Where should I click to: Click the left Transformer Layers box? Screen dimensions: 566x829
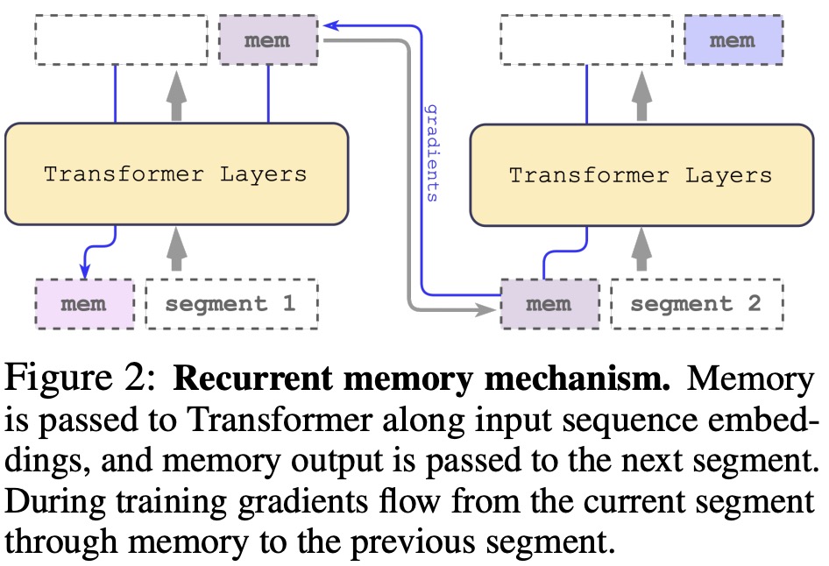(x=176, y=173)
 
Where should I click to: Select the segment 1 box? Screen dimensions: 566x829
(x=230, y=304)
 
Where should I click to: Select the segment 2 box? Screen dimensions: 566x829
(x=696, y=304)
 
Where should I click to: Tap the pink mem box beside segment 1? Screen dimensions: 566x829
(x=85, y=304)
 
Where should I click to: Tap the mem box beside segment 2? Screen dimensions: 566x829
(x=549, y=304)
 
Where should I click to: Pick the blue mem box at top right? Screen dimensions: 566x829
(x=732, y=40)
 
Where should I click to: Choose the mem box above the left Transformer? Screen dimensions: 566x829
(x=267, y=40)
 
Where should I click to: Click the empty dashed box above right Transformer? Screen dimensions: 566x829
(x=583, y=40)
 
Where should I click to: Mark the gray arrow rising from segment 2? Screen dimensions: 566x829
(x=642, y=248)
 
